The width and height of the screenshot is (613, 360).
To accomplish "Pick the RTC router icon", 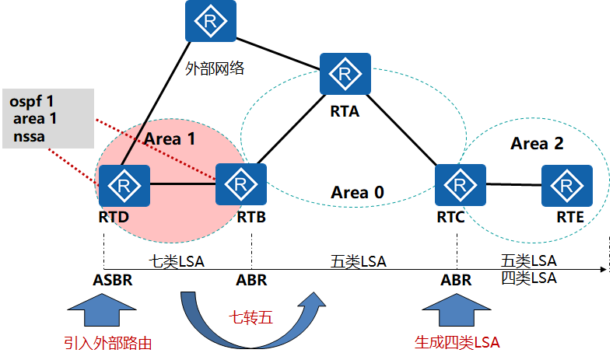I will [461, 184].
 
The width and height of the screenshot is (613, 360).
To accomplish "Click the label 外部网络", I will [215, 68].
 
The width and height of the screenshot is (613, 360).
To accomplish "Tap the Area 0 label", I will [358, 192].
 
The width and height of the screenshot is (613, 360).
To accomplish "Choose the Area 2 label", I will [537, 144].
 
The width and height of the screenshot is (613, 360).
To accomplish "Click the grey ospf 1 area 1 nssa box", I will [47, 118].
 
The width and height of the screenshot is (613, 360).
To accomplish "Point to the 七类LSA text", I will [177, 261].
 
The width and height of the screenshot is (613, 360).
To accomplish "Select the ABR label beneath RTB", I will [250, 280].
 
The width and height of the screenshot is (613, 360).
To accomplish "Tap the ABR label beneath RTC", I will [456, 280].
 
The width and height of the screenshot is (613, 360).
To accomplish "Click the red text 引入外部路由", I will [107, 343].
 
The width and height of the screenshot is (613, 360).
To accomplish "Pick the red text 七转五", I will [250, 317].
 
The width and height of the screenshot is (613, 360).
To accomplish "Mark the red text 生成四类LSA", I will [457, 343].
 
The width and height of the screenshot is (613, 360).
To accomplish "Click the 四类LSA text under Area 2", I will [529, 277].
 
